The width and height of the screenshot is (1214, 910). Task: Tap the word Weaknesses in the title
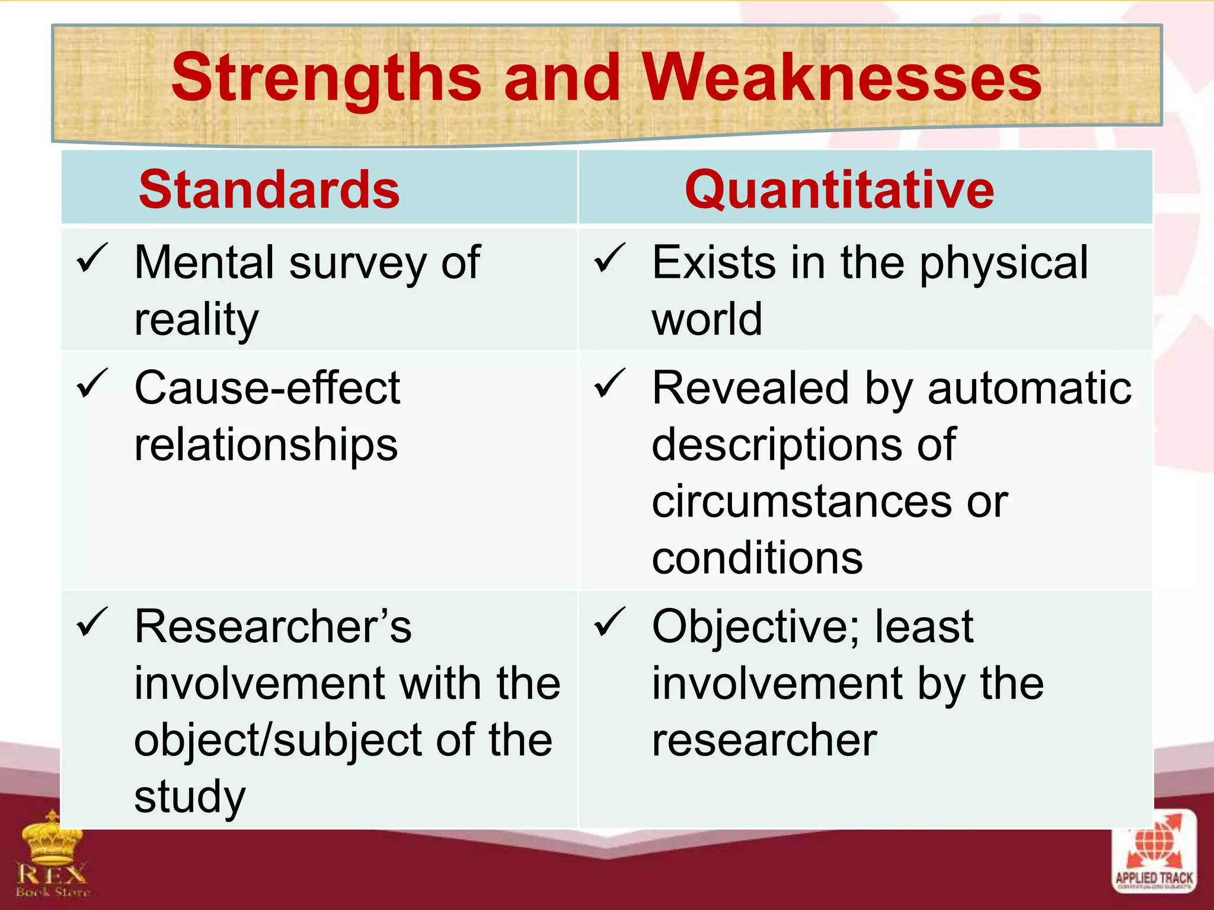[842, 77]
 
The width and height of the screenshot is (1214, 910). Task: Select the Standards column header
[269, 190]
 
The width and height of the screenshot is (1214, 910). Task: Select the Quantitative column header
[839, 190]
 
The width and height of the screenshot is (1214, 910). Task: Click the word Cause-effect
[267, 388]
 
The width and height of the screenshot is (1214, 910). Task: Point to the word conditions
[757, 558]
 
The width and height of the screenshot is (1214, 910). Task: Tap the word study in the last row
[189, 797]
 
